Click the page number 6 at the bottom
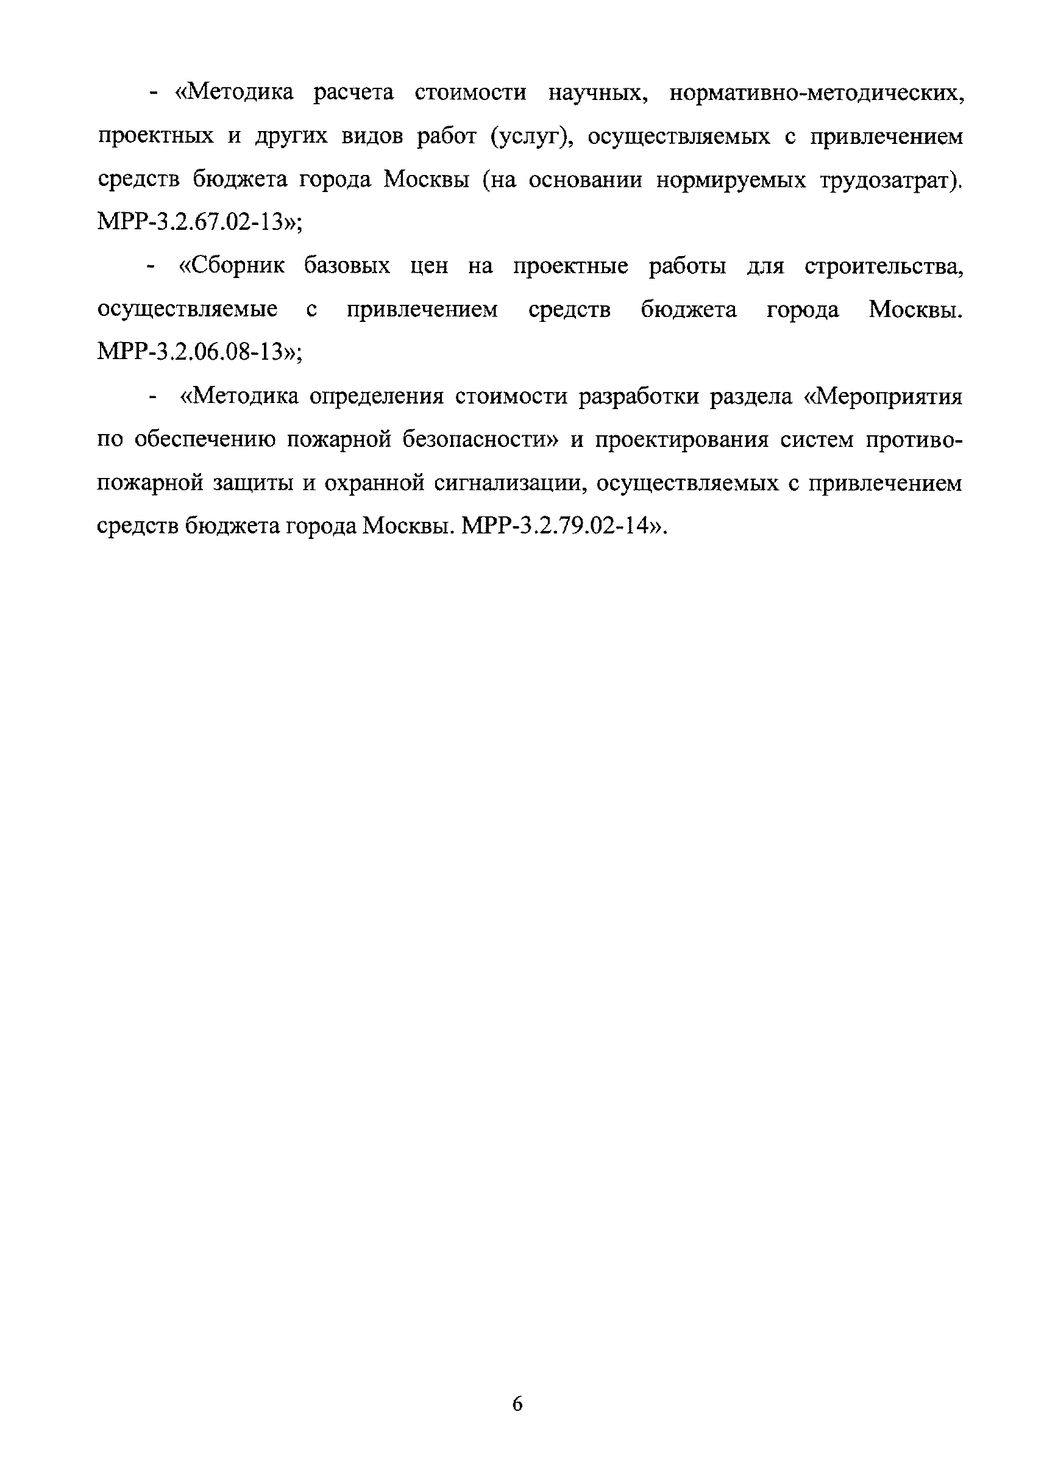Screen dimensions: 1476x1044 point(517,1404)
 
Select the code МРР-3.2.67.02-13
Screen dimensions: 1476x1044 point(193,222)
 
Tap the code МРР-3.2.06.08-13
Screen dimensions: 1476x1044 point(193,352)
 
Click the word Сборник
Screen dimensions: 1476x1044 point(232,266)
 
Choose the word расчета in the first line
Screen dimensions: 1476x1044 point(353,93)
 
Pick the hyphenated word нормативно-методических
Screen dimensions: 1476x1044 point(817,93)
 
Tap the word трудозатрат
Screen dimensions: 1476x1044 point(890,179)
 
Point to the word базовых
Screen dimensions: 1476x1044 point(347,266)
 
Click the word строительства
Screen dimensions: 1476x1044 point(884,266)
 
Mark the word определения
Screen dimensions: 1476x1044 point(377,396)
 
